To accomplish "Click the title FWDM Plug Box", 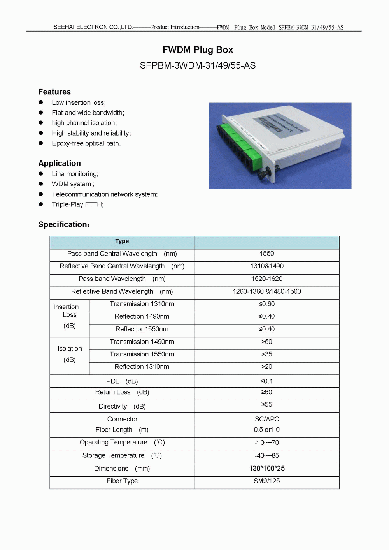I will pos(198,50).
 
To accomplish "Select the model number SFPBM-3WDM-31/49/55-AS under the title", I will pos(198,65).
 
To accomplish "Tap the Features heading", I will pos(54,92).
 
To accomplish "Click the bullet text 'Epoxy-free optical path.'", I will pos(86,143).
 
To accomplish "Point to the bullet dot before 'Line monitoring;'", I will pos(41,174).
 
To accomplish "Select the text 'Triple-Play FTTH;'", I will pos(78,204).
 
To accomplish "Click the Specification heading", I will pos(63,225).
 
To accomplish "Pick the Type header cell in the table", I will pos(122,242).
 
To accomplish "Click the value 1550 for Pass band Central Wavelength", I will pos(266,254).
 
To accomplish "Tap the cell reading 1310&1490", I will pos(266,266).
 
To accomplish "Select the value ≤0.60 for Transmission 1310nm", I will pos(266,304).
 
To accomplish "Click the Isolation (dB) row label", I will pos(70,354).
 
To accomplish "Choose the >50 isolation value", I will pos(266,342).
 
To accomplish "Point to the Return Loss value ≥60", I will pos(266,392).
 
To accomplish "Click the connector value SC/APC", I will pos(266,419).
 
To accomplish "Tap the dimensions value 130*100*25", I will pos(266,469).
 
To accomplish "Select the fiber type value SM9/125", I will pos(266,481).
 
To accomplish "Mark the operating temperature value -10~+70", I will pos(266,443).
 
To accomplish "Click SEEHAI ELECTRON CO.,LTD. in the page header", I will pos(93,27).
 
